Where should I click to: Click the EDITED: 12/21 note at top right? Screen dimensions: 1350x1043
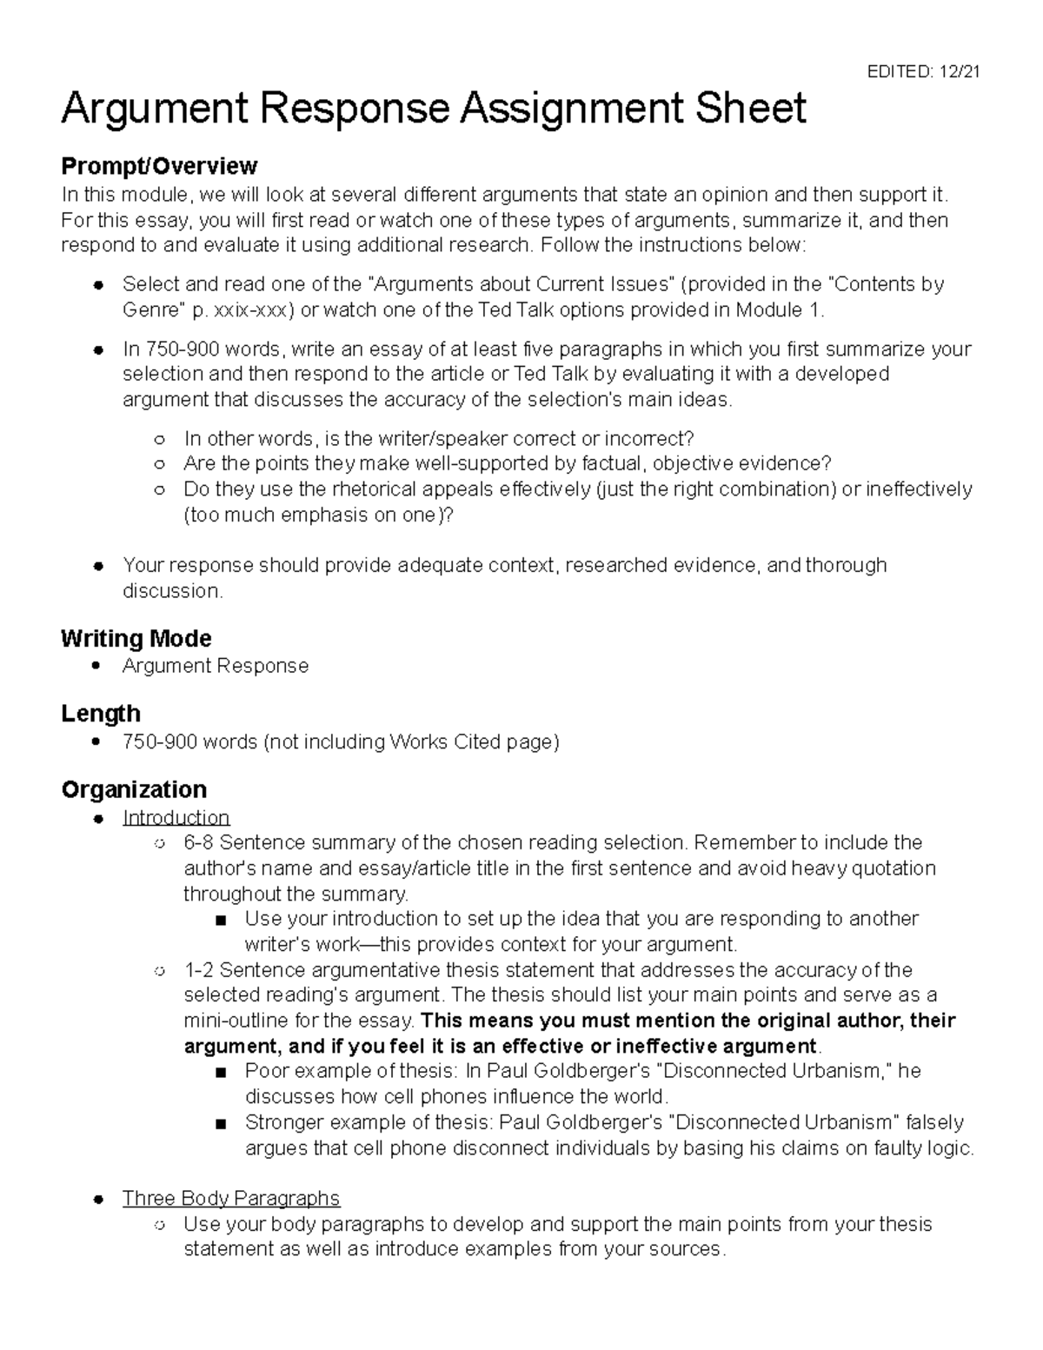[x=923, y=72]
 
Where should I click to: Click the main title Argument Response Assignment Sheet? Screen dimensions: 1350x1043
[x=433, y=110]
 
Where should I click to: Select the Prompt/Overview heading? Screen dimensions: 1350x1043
[x=159, y=165]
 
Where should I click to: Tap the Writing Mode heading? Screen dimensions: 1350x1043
[x=136, y=638]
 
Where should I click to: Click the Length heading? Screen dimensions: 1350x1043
[x=101, y=714]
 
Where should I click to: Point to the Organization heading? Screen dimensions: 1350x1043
[x=134, y=789]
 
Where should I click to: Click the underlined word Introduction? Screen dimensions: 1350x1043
[x=176, y=817]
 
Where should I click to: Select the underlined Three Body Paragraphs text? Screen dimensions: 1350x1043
[x=231, y=1198]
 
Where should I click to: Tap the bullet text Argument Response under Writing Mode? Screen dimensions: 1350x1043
[x=216, y=666]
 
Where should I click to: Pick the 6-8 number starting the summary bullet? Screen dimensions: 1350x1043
[x=199, y=842]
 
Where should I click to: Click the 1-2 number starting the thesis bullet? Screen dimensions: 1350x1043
[x=199, y=969]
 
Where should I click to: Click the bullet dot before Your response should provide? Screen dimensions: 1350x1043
[x=100, y=566]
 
